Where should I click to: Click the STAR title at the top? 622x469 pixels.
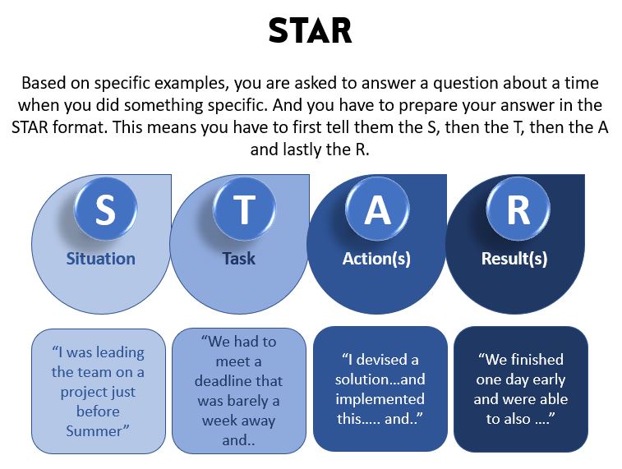point(310,30)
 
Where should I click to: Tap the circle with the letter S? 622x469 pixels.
point(104,210)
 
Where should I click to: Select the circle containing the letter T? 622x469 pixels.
point(243,210)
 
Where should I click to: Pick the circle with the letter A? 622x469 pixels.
point(377,210)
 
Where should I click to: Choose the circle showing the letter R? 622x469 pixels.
point(518,210)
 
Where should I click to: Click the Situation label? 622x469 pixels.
point(100,258)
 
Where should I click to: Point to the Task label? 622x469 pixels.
point(239,258)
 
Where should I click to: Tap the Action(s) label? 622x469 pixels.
point(376,258)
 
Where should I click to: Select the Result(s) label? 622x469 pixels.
point(514,258)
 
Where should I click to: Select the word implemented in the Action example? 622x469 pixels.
point(380,400)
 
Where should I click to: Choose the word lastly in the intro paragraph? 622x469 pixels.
point(305,149)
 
